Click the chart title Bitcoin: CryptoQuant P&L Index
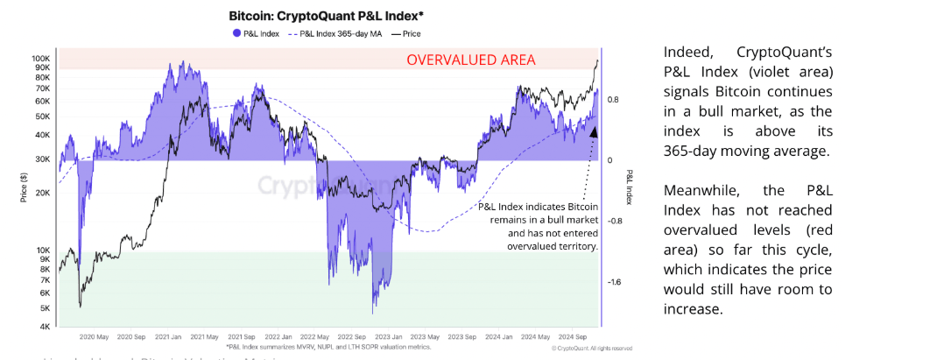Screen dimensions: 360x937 coord(313,16)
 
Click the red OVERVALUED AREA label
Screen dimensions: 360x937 coord(469,60)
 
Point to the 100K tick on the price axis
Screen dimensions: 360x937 coord(40,59)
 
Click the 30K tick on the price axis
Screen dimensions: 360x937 coord(43,159)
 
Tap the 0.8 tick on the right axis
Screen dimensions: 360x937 coord(614,100)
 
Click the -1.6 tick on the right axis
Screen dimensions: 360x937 coord(615,282)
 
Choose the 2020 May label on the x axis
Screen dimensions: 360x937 coord(94,336)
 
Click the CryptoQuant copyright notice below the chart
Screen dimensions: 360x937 coord(592,348)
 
